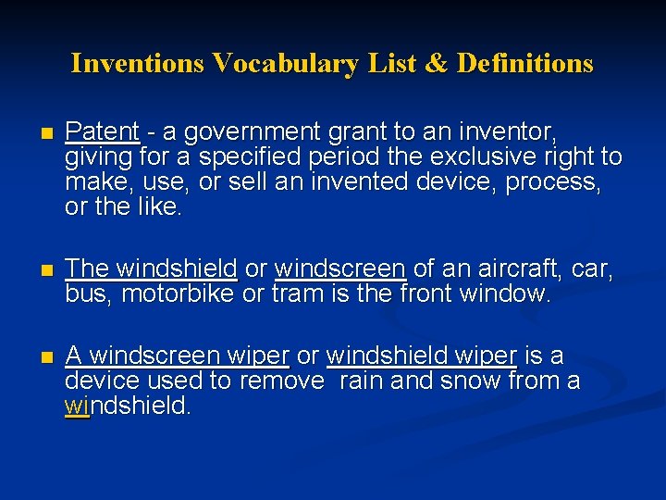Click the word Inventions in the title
click(x=137, y=63)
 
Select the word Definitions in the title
click(x=525, y=63)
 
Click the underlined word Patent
click(x=102, y=132)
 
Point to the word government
click(x=242, y=132)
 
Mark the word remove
click(x=283, y=381)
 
